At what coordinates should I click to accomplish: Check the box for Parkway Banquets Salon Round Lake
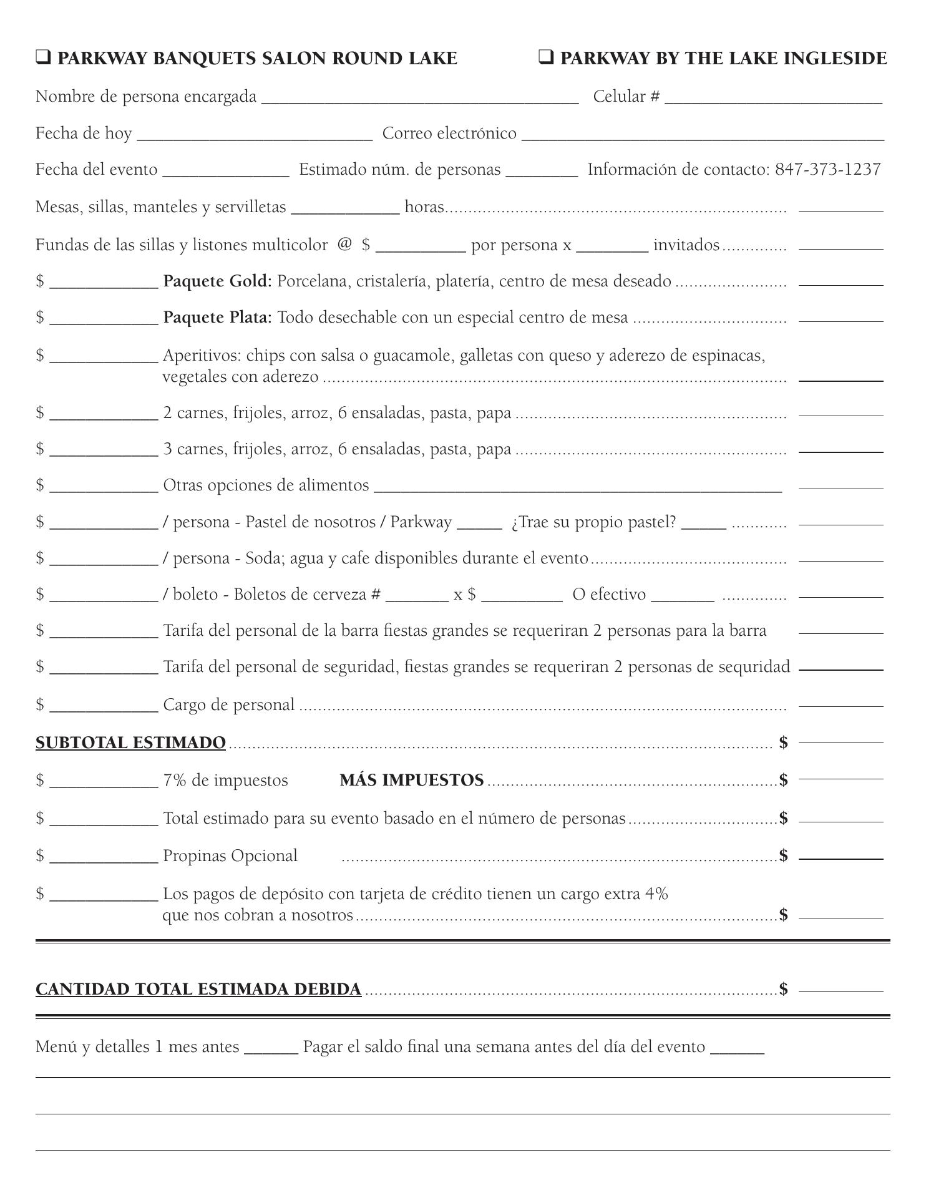[x=43, y=58]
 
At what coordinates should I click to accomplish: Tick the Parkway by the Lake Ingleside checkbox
[x=546, y=58]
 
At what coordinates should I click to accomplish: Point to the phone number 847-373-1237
[x=828, y=170]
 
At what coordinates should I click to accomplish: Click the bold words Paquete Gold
[x=217, y=281]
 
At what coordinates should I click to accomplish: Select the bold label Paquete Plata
[x=217, y=318]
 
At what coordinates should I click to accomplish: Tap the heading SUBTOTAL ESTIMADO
[x=130, y=743]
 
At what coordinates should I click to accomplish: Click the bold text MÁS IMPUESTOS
[x=412, y=781]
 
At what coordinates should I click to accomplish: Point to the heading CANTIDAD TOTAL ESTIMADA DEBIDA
[x=198, y=990]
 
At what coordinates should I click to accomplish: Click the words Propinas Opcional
[x=230, y=856]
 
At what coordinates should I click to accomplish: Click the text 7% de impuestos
[x=225, y=781]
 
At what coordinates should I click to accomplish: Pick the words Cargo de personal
[x=228, y=705]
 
